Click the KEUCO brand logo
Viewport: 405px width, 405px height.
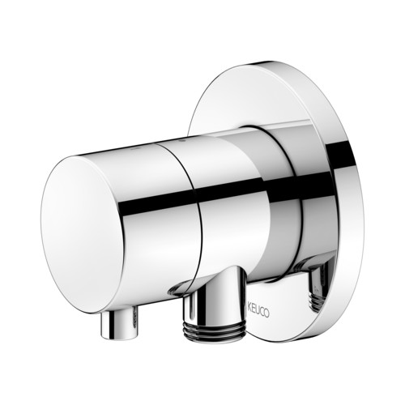[258, 310]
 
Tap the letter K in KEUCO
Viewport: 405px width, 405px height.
[249, 307]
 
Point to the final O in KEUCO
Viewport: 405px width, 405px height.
[266, 313]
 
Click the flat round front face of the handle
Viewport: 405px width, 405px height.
[83, 234]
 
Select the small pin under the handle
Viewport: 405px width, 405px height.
[118, 325]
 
